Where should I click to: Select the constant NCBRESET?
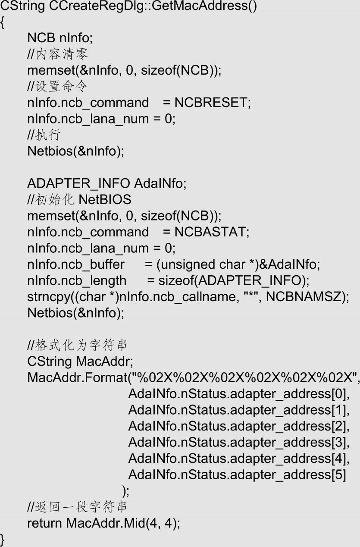click(x=211, y=102)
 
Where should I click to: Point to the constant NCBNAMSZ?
click(x=304, y=296)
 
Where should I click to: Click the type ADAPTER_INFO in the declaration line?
click(x=78, y=183)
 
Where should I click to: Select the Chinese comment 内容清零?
click(x=62, y=54)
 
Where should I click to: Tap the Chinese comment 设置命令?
click(x=62, y=86)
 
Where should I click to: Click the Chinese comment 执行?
click(x=48, y=135)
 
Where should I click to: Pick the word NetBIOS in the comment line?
click(x=105, y=199)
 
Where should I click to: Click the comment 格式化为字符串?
click(x=81, y=345)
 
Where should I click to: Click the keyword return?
click(x=44, y=523)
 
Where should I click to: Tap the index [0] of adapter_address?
click(x=339, y=394)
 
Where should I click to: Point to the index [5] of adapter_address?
click(x=339, y=475)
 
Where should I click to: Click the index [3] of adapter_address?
click(x=339, y=442)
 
